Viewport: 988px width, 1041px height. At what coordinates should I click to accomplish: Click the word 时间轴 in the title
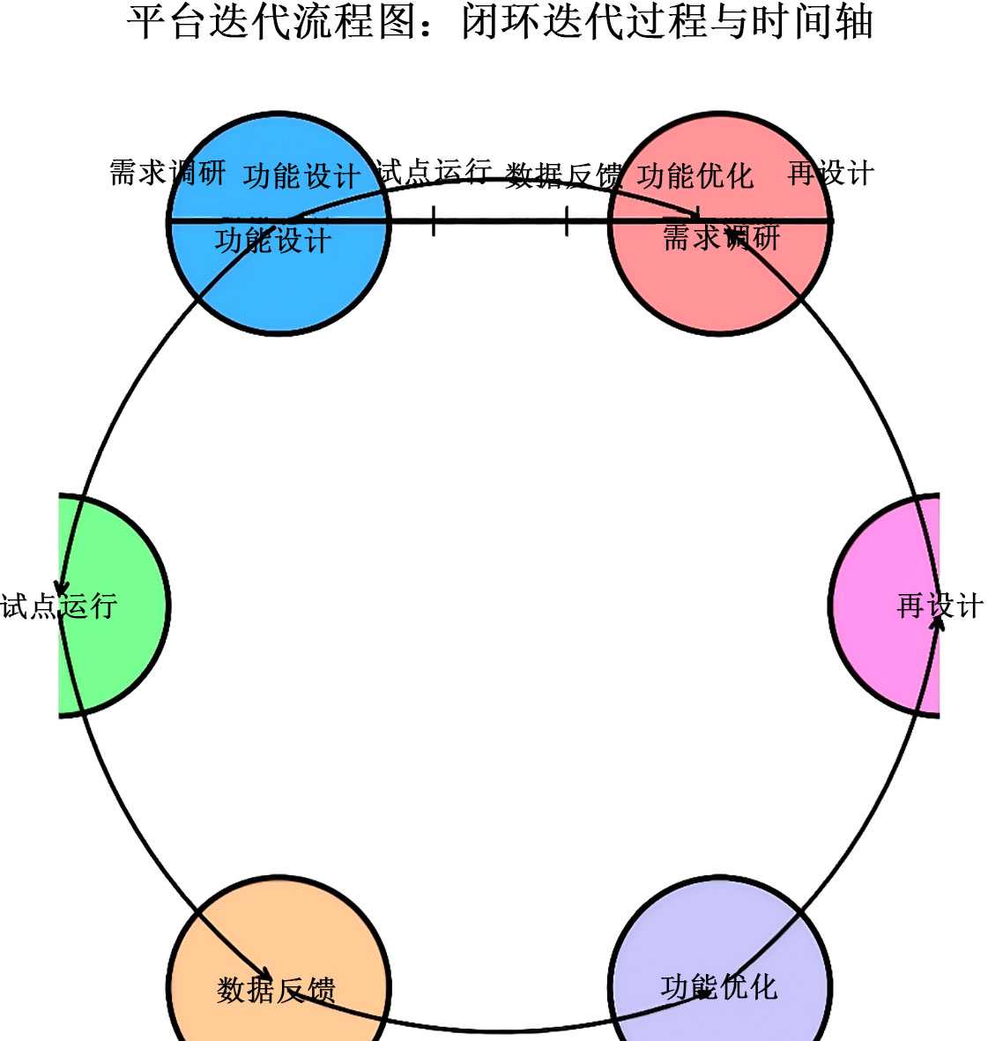812,22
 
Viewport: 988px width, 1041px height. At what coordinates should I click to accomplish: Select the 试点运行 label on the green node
59,606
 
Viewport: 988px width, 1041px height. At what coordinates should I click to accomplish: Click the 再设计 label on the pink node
940,606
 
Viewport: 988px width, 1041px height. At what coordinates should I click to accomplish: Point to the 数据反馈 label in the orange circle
276,990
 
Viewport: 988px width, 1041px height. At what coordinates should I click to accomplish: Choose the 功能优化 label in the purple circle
719,986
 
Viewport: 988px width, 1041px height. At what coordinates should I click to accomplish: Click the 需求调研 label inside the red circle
721,238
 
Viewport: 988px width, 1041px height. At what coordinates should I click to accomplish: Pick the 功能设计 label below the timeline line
273,240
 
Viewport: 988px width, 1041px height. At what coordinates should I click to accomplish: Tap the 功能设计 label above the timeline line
301,175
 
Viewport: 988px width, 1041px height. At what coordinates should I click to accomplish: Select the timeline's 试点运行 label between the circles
433,171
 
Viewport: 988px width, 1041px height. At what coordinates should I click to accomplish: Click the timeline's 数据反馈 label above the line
563,175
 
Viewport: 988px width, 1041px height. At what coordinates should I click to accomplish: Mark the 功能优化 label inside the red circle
695,175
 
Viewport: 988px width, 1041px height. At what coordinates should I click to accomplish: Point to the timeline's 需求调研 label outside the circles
167,172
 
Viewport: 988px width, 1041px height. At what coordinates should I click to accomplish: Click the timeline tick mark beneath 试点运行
434,220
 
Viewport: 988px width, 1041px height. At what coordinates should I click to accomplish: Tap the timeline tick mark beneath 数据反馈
566,220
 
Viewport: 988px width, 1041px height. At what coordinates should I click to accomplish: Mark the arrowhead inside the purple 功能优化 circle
706,992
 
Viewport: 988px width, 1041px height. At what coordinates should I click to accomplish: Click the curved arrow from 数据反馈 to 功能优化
499,1030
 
